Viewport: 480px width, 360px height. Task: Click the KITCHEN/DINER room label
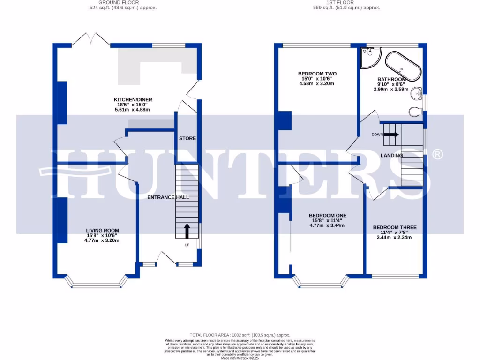click(x=133, y=99)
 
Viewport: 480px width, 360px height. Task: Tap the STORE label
click(x=187, y=138)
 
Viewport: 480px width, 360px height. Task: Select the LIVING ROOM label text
click(x=102, y=230)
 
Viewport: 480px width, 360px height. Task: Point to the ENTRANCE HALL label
click(x=168, y=197)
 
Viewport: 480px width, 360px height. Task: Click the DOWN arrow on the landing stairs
click(x=391, y=135)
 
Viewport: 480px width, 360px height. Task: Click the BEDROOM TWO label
click(x=317, y=74)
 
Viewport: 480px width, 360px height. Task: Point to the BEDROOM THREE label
click(x=394, y=227)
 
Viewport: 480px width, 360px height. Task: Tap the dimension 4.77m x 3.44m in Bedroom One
click(x=327, y=225)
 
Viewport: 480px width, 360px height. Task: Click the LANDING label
click(x=391, y=155)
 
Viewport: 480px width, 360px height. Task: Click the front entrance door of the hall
click(x=167, y=258)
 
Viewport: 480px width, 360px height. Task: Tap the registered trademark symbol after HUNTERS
click(x=436, y=154)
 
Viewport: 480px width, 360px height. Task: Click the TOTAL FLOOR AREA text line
click(x=240, y=335)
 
